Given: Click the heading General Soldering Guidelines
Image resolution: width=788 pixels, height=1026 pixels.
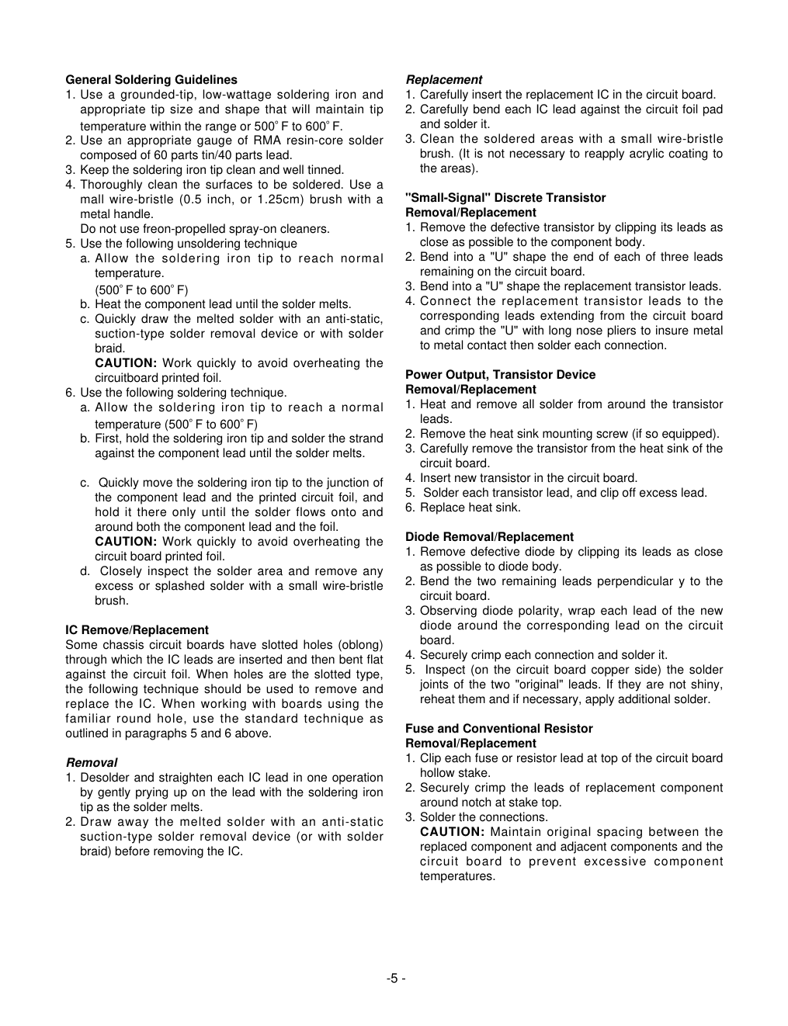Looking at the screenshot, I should click(151, 80).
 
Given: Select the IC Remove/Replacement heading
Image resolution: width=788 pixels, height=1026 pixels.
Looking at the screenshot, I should click(137, 630).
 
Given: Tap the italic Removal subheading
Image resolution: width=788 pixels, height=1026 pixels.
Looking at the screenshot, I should click(91, 763).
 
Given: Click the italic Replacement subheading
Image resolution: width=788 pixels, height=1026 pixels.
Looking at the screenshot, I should click(443, 80).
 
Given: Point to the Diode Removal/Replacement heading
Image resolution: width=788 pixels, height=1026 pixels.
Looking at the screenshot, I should click(489, 537).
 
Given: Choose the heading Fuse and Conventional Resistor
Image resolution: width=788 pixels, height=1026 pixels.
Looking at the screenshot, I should click(498, 729).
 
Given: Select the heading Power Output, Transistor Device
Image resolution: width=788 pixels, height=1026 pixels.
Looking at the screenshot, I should click(500, 375).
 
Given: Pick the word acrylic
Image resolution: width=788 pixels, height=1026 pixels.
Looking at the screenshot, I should click(624, 154).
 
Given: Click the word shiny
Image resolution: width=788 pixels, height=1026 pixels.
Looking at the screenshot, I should click(706, 685).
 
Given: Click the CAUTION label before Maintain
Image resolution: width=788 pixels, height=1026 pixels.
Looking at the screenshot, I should click(452, 832).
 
